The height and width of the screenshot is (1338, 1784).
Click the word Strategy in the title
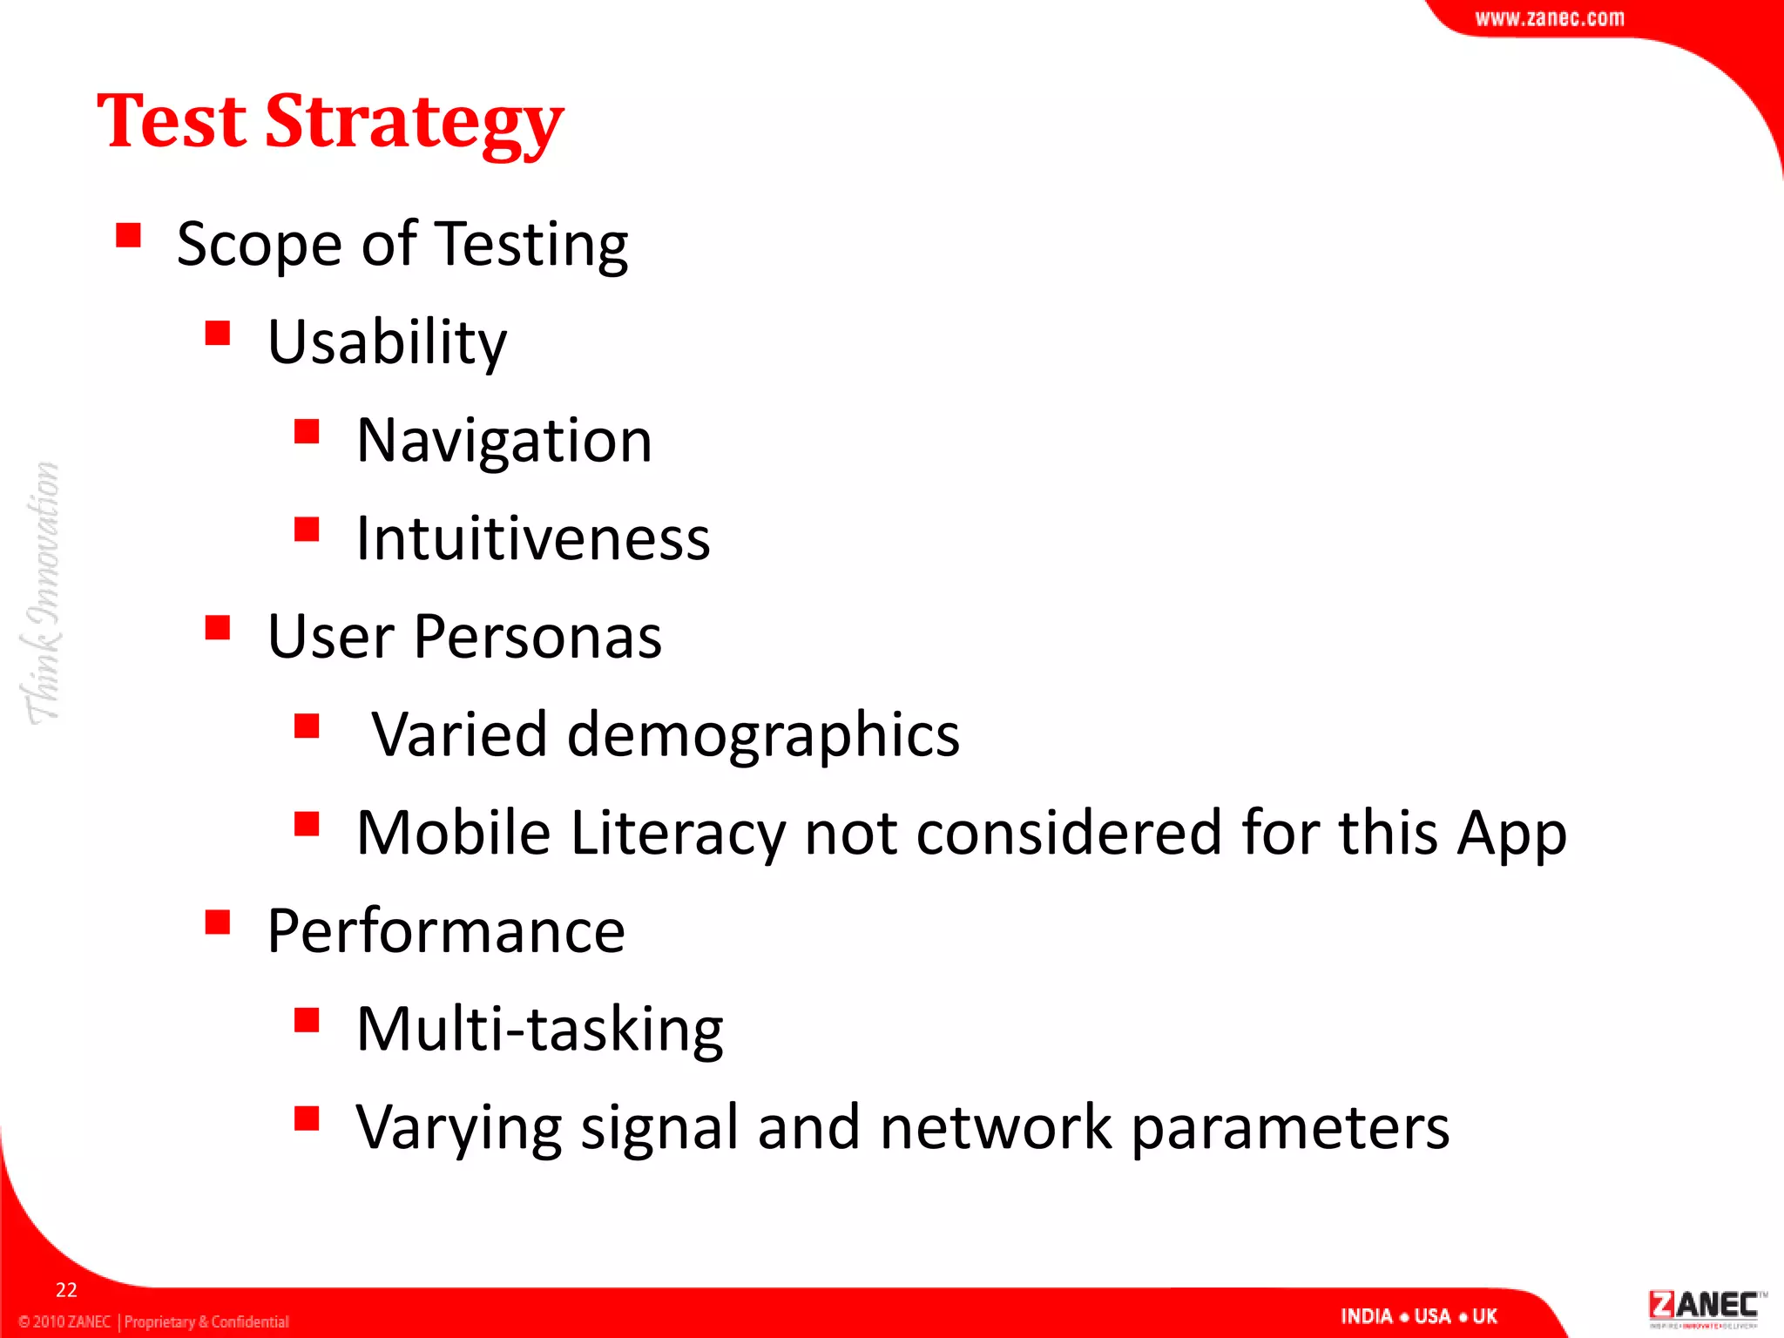tap(414, 122)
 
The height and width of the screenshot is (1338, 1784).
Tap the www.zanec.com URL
tap(1549, 18)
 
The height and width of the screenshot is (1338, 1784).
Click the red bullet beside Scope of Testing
tap(128, 235)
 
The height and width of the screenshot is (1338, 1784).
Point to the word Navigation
tap(503, 440)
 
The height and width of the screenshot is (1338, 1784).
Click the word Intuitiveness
tap(533, 538)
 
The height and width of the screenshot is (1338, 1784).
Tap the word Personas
tap(537, 637)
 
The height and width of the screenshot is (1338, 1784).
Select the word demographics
tap(763, 735)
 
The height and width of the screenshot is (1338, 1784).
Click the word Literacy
tap(678, 833)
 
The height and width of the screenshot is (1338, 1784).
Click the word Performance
tap(446, 931)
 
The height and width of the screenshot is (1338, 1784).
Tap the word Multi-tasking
tap(539, 1030)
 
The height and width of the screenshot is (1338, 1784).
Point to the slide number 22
tap(66, 1290)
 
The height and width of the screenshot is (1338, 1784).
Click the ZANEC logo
tap(1704, 1307)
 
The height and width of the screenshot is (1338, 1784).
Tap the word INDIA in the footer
tap(1366, 1316)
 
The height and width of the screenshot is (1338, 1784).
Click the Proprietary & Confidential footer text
tap(206, 1321)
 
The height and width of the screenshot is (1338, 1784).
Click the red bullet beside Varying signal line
tap(307, 1118)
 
